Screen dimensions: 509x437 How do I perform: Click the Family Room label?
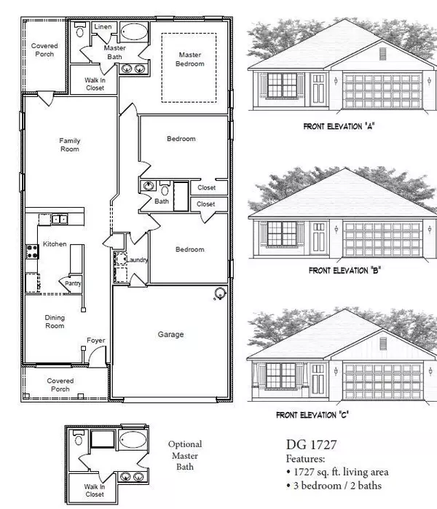pos(70,145)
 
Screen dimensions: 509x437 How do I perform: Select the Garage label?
pos(170,335)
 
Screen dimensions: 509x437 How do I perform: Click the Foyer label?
pos(95,340)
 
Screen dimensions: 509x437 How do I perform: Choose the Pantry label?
pos(72,284)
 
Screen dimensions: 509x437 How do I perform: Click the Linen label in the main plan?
pos(102,28)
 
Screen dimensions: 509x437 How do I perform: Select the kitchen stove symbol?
pos(32,252)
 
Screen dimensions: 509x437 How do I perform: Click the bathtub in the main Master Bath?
pos(132,32)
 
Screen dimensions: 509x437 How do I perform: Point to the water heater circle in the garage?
pos(218,295)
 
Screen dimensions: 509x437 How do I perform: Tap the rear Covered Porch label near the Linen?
pos(44,50)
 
